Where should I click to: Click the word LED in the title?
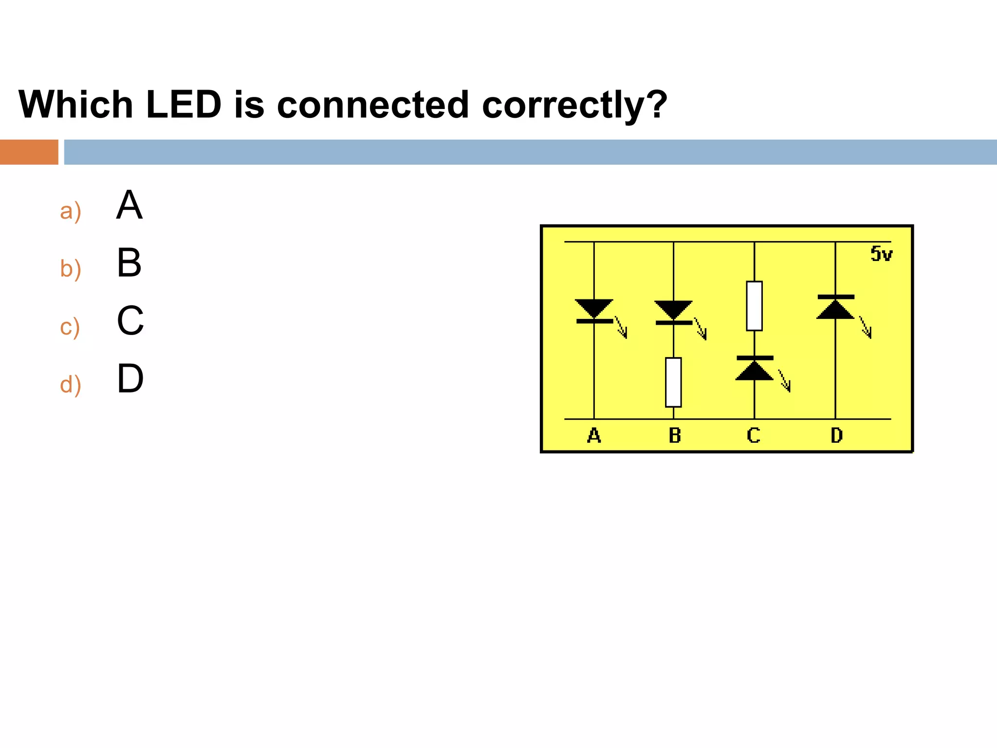184,105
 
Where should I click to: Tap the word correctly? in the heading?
574,106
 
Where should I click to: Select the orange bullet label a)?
71,211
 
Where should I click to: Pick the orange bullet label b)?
71,269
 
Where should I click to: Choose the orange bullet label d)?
71,385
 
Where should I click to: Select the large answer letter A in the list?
129,205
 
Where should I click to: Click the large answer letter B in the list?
129,263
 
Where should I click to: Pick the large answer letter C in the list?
130,321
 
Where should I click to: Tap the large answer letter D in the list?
130,378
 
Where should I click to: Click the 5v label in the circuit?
881,254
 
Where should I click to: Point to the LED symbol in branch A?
594,312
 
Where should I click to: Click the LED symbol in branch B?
674,313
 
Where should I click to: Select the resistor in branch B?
673,382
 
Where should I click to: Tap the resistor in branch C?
754,306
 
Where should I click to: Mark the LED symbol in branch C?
754,369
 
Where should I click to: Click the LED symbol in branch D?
835,307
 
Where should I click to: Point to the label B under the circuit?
675,435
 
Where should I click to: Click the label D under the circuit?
836,435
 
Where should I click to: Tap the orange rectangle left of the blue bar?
29,152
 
